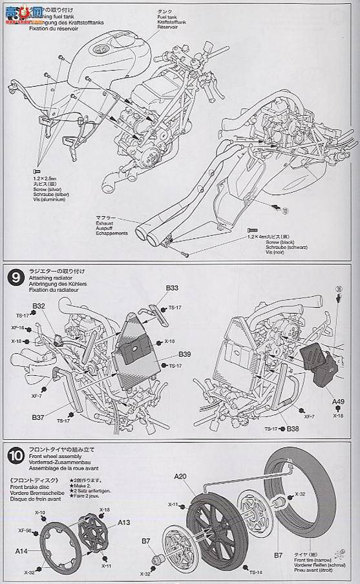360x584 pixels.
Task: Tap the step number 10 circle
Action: click(16, 454)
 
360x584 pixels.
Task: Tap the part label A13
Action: click(124, 523)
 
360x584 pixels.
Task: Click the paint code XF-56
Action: click(25, 530)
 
